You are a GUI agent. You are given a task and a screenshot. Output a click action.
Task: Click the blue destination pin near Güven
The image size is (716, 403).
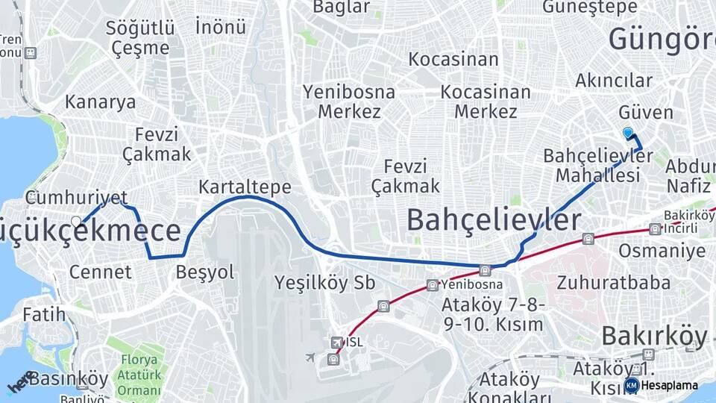(628, 134)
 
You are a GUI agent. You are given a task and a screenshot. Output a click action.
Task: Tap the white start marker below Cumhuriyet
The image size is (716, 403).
(76, 222)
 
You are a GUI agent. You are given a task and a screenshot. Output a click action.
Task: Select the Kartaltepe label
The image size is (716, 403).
(245, 187)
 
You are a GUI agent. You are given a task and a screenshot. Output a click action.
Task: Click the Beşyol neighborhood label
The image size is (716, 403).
(205, 272)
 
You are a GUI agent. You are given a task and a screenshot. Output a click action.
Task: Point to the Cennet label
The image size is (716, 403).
(100, 272)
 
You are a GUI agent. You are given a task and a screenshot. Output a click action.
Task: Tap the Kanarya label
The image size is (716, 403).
(101, 102)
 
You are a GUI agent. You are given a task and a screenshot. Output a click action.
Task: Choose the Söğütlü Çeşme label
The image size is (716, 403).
(141, 38)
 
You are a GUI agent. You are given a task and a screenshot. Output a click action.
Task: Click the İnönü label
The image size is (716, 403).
(221, 27)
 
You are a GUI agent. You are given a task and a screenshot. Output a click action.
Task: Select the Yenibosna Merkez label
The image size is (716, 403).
(350, 101)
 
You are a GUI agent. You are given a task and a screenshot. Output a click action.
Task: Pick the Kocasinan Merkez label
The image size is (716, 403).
(486, 101)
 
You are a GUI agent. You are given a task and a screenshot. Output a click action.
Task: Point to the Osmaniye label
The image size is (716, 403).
(662, 250)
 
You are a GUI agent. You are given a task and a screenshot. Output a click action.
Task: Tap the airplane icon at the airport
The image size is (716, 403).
(310, 357)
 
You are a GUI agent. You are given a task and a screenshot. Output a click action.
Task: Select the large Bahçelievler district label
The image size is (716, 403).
(494, 219)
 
